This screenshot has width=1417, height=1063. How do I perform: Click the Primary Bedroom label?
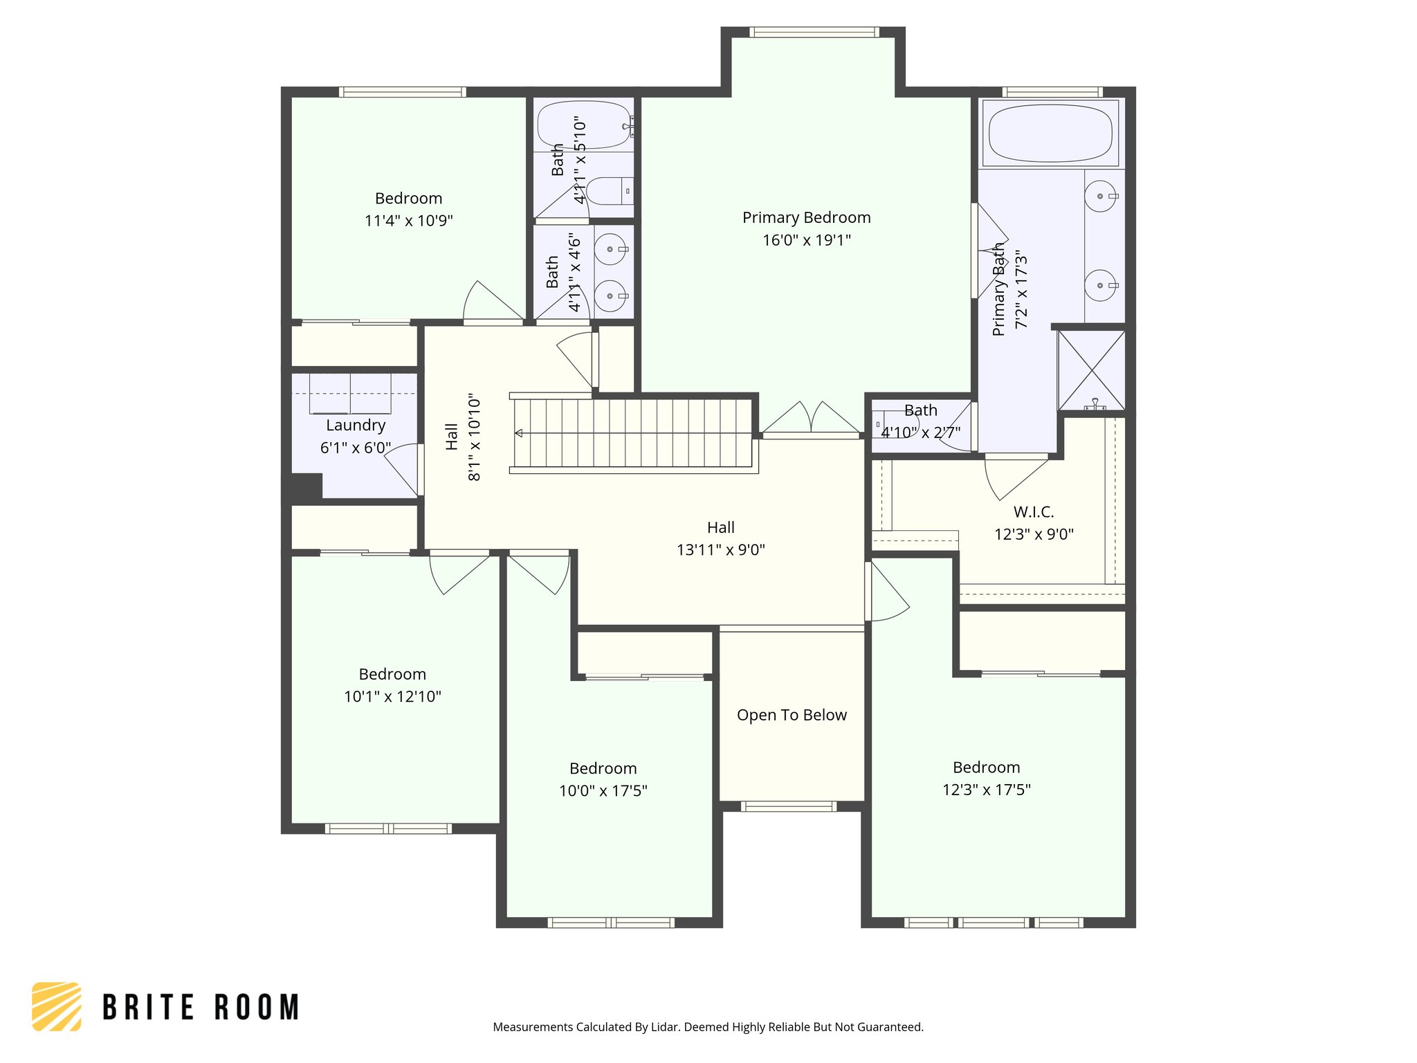click(807, 218)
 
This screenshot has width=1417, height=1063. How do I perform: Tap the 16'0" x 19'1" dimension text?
click(807, 240)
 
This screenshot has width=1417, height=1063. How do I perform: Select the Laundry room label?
click(356, 426)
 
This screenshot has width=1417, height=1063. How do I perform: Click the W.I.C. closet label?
click(1034, 512)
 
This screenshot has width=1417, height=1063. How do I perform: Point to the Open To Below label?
click(792, 715)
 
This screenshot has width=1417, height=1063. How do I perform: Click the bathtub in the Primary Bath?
click(1050, 134)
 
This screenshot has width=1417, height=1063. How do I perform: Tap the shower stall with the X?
click(1092, 371)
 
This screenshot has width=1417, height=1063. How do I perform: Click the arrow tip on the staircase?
click(516, 433)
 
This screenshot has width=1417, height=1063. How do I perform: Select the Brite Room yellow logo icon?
click(57, 1006)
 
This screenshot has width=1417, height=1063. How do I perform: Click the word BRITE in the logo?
click(149, 1007)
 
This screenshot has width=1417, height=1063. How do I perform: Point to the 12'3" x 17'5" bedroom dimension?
click(986, 790)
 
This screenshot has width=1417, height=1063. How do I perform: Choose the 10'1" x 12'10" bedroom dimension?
click(392, 696)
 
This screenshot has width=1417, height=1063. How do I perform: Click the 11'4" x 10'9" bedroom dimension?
click(408, 221)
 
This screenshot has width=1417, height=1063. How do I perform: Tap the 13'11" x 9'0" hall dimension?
click(720, 550)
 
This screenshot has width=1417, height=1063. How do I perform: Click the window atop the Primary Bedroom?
click(814, 32)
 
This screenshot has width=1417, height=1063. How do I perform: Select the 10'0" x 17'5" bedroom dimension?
click(603, 790)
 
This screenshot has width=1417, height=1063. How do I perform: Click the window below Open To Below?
click(789, 806)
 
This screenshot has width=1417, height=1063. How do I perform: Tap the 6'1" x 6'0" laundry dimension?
click(356, 448)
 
